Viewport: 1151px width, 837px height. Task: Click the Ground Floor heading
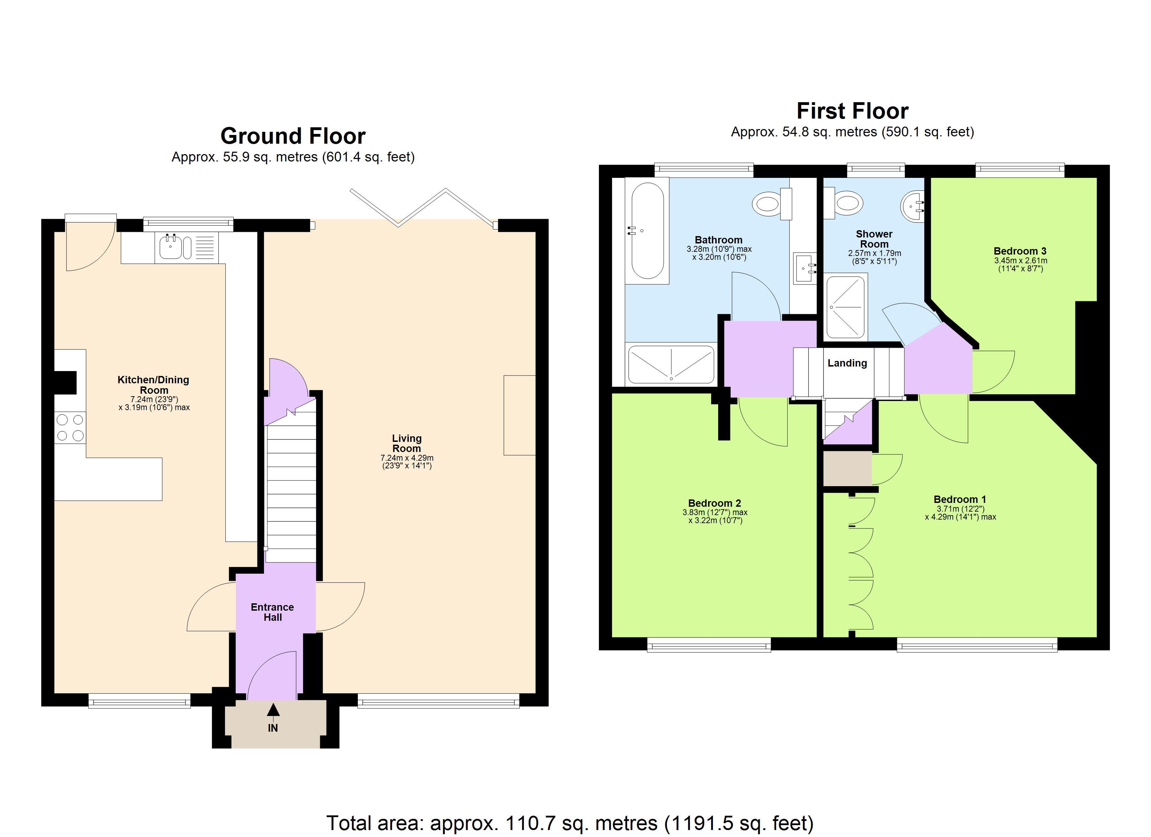click(x=293, y=136)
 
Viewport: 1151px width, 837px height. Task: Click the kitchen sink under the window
click(x=171, y=247)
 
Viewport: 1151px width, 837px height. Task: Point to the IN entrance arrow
click(x=273, y=711)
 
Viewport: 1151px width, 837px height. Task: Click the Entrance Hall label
click(x=272, y=612)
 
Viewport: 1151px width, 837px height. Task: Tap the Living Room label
click(x=406, y=443)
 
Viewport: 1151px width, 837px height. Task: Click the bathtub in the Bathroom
click(x=647, y=231)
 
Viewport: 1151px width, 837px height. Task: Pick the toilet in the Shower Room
click(x=847, y=203)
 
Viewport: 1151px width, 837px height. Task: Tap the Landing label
click(x=847, y=363)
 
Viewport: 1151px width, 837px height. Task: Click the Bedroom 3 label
click(x=1020, y=251)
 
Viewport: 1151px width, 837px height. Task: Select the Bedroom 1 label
click(x=960, y=499)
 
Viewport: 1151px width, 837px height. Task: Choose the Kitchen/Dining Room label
click(x=153, y=385)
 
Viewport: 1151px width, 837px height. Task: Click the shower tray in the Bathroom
click(x=671, y=364)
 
